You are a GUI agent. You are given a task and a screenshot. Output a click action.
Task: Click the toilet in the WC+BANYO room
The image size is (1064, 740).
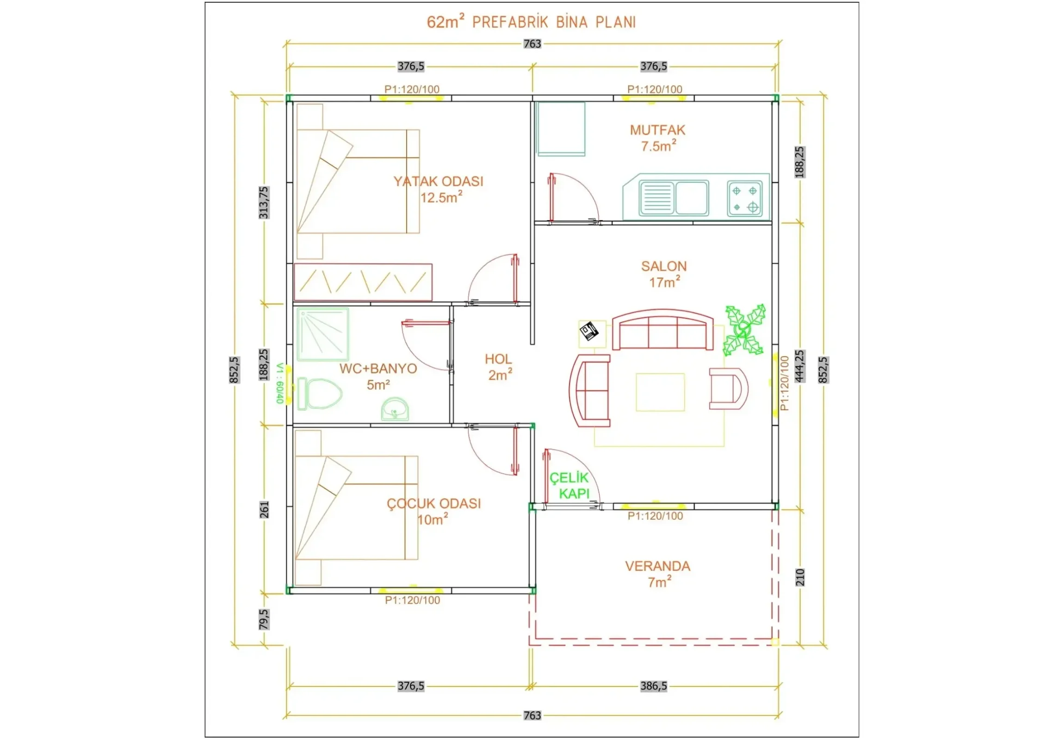tap(320, 394)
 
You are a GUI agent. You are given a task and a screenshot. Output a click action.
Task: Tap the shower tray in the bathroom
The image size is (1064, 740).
tap(322, 334)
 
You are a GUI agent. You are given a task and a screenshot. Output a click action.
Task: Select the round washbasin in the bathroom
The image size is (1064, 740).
tap(395, 409)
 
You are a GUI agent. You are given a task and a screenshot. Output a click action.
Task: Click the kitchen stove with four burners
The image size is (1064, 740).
tap(745, 198)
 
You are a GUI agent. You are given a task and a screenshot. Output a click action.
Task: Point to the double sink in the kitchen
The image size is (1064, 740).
tap(674, 198)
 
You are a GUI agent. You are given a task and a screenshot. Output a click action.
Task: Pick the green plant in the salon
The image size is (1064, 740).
tap(744, 330)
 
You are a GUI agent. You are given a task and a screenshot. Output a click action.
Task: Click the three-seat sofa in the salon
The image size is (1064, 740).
tap(662, 329)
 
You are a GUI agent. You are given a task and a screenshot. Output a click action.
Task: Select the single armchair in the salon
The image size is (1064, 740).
tap(729, 389)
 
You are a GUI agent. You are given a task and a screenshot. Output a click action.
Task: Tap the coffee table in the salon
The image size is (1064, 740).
tap(660, 392)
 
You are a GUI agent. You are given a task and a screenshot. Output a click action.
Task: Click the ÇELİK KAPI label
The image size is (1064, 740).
tap(569, 486)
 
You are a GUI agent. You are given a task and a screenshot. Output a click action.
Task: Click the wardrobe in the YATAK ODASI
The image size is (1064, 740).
tap(363, 282)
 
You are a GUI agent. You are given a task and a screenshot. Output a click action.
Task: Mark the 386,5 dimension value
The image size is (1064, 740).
tap(653, 686)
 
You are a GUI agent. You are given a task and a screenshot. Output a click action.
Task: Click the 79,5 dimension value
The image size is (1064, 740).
tap(264, 619)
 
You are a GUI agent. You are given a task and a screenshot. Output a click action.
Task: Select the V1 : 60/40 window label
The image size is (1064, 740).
tap(279, 383)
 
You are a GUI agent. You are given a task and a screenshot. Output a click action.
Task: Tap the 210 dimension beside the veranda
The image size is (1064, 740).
tap(800, 577)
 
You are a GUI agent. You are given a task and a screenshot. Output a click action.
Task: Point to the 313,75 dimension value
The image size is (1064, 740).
tap(264, 203)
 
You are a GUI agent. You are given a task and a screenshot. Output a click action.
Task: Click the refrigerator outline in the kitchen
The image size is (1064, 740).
tap(561, 129)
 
